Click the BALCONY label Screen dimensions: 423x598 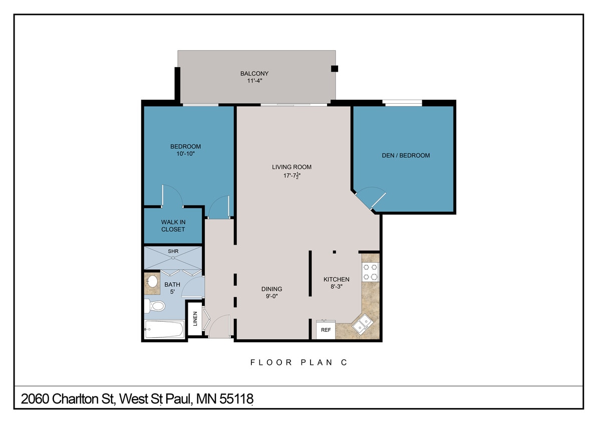[254, 74]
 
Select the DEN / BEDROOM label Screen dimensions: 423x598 [406, 155]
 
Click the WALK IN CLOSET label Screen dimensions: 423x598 [173, 226]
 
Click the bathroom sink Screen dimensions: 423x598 [152, 281]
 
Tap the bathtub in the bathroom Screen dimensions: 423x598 [164, 329]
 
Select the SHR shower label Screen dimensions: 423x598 [173, 251]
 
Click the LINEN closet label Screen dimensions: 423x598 [195, 320]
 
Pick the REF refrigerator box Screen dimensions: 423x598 [326, 330]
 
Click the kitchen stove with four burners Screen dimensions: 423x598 [370, 271]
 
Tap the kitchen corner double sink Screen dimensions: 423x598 [363, 323]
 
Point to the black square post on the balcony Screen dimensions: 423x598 [335, 69]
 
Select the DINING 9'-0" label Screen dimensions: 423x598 [272, 292]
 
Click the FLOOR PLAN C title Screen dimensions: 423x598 [298, 362]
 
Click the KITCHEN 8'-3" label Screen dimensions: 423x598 [336, 283]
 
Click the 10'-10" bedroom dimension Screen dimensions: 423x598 [185, 154]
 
